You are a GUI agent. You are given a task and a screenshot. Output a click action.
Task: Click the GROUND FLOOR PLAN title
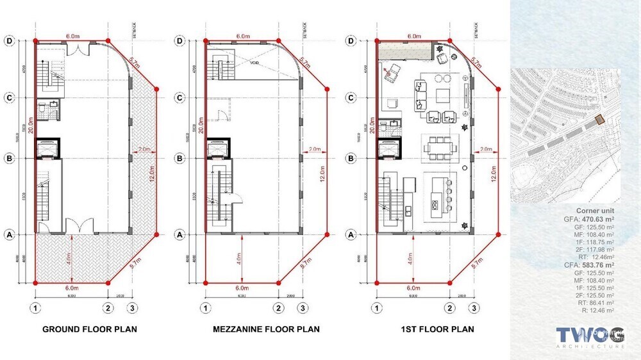pos(89,329)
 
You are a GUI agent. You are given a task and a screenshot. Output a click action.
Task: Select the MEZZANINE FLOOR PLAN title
pos(266,329)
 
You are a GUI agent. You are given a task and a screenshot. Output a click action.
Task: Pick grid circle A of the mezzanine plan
pos(180,234)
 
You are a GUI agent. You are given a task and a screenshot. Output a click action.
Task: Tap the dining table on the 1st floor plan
pos(440,148)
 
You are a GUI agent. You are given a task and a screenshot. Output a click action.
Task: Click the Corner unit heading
pos(595,210)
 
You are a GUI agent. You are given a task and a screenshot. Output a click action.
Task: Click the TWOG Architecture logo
pos(590,336)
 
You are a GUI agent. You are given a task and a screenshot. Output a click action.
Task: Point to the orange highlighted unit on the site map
pos(599,119)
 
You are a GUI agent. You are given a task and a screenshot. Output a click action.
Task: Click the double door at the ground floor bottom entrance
pos(78,227)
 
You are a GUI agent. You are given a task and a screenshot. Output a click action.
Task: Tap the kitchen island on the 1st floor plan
pos(439,193)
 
